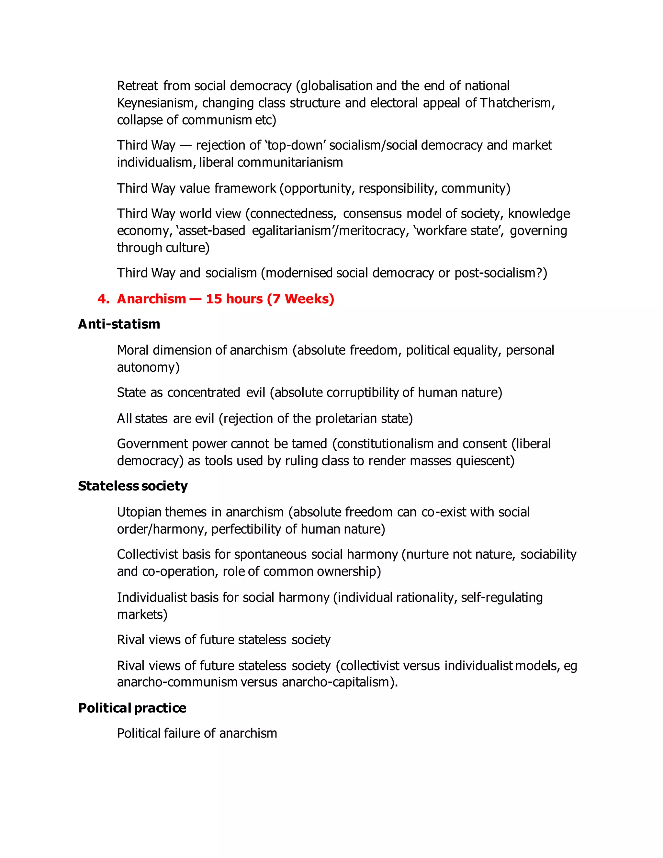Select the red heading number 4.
click(103, 299)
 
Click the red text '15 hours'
click(234, 299)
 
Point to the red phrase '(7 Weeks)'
click(300, 299)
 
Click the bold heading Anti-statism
click(119, 324)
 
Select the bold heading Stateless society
click(133, 486)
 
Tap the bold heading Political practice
click(132, 708)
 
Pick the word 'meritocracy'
click(372, 231)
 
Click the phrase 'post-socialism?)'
click(500, 273)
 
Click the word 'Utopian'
click(140, 512)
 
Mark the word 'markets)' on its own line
click(142, 615)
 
